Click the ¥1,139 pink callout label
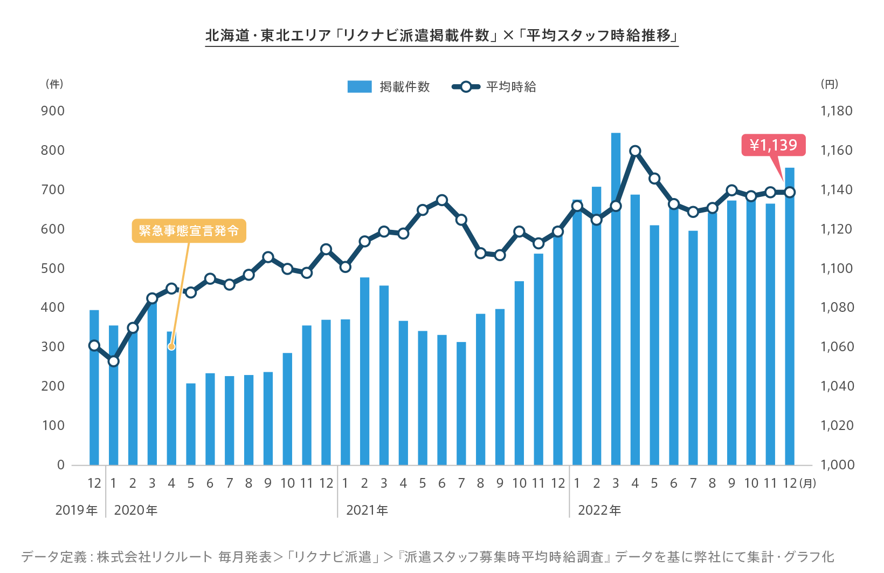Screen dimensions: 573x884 pyautogui.click(x=773, y=145)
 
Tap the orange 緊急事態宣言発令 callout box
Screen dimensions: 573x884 pyautogui.click(x=189, y=231)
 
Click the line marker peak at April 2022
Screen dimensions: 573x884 pyautogui.click(x=635, y=151)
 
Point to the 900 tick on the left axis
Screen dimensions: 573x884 pyautogui.click(x=53, y=111)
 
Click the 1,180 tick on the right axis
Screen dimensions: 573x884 pyautogui.click(x=836, y=111)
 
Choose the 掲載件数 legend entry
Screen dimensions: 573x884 pyautogui.click(x=389, y=87)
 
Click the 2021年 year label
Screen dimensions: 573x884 pyautogui.click(x=367, y=510)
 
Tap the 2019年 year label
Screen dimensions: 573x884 pyautogui.click(x=77, y=510)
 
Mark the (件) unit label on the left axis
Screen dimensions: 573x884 pyautogui.click(x=54, y=84)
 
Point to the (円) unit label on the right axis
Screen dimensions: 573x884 pyautogui.click(x=829, y=84)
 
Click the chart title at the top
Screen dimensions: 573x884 pyautogui.click(x=441, y=36)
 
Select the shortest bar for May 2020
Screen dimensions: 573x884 pyautogui.click(x=191, y=424)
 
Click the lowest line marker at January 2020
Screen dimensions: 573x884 pyautogui.click(x=114, y=361)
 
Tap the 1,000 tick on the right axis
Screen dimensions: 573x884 pyautogui.click(x=837, y=465)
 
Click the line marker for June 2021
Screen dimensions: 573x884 pyautogui.click(x=442, y=201)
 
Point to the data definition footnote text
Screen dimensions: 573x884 pyautogui.click(x=427, y=557)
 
